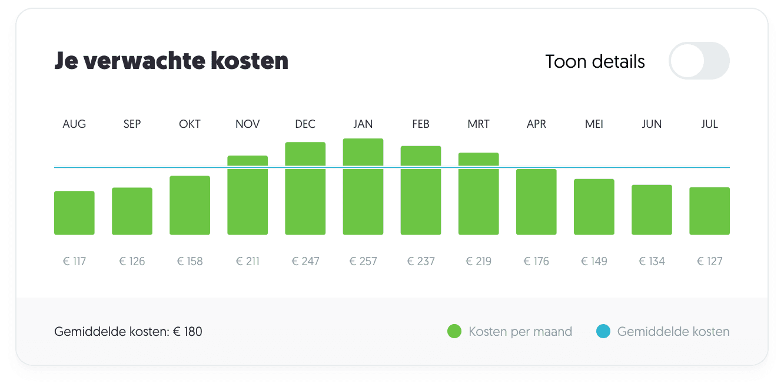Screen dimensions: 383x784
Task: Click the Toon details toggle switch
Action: (x=699, y=61)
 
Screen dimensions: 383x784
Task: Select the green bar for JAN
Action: (x=363, y=187)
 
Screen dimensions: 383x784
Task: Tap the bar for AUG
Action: (x=74, y=213)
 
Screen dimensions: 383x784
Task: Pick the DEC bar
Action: (x=305, y=189)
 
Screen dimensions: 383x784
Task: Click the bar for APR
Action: (x=536, y=202)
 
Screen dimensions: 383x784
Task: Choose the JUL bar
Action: (x=710, y=211)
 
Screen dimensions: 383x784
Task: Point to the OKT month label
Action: (x=190, y=124)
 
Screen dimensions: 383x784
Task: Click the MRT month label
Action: (x=479, y=124)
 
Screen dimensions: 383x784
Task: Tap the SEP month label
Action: (x=132, y=124)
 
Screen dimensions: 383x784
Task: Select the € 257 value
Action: (x=363, y=261)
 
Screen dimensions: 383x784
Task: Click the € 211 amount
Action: (x=248, y=261)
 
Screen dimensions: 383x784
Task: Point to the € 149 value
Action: (x=594, y=261)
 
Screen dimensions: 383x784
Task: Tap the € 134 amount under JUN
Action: (x=652, y=261)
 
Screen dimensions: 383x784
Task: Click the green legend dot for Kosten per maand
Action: (x=454, y=332)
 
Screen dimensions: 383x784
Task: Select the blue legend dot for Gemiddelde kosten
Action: (x=603, y=332)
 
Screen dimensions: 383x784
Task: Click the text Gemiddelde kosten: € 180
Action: (x=128, y=332)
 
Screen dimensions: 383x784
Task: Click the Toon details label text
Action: (x=595, y=61)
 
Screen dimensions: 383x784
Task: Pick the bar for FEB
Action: (x=421, y=190)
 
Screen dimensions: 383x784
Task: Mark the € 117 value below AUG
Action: (x=74, y=261)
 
